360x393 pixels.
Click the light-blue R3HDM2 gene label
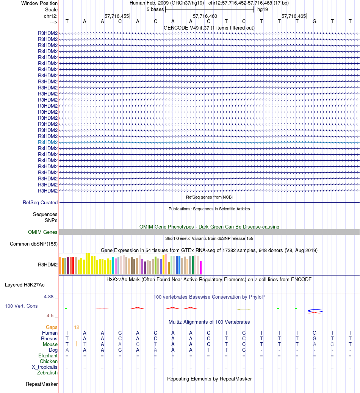pyautogui.click(x=48, y=142)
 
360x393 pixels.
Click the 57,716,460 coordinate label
pyautogui.click(x=205, y=16)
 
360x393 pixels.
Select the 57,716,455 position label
pyautogui.click(x=117, y=16)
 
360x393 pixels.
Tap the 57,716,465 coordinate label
pyautogui.click(x=294, y=16)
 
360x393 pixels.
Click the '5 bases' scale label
pyautogui.click(x=155, y=9)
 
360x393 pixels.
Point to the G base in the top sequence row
pyautogui.click(x=314, y=21)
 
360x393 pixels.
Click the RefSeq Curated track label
pyautogui.click(x=40, y=203)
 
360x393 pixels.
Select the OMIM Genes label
pyautogui.click(x=43, y=232)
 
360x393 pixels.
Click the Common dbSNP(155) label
pyautogui.click(x=34, y=244)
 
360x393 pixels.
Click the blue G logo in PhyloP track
pyautogui.click(x=315, y=311)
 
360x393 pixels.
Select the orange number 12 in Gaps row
pyautogui.click(x=77, y=327)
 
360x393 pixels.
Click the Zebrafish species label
pyautogui.click(x=47, y=373)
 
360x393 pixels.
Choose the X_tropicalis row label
pyautogui.click(x=45, y=367)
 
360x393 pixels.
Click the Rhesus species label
pyautogui.click(x=49, y=338)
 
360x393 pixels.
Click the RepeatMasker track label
pyautogui.click(x=42, y=384)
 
